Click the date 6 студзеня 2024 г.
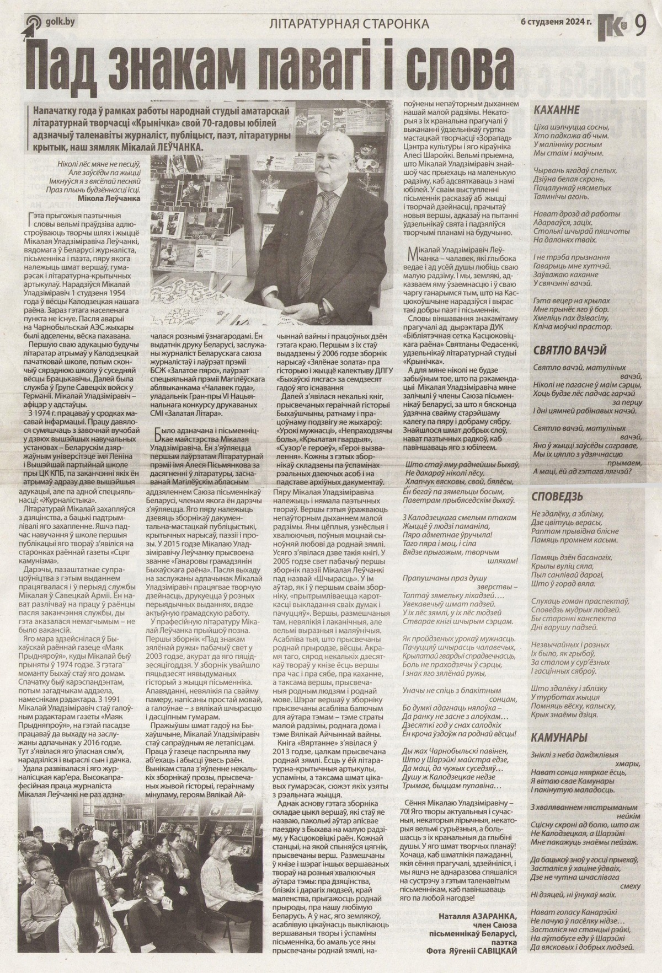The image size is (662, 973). [555, 22]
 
